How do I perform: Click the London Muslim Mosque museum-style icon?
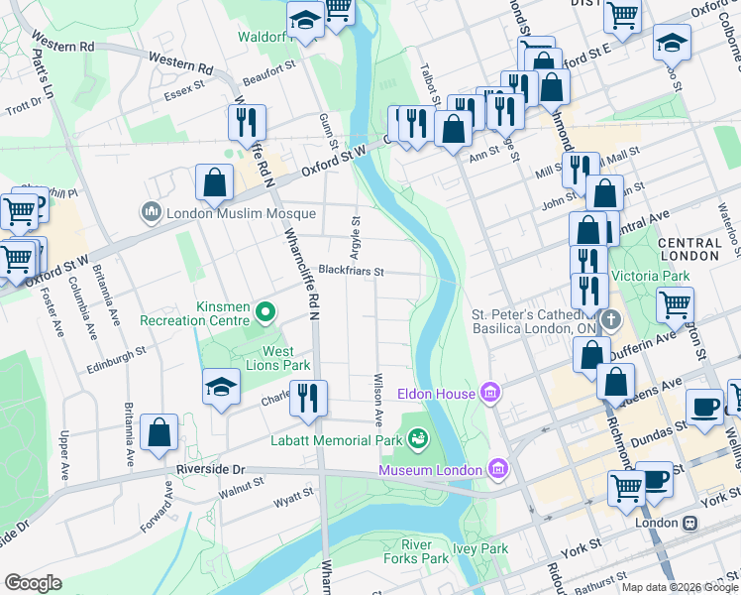(x=152, y=212)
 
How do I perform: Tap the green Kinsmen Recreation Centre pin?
(x=265, y=314)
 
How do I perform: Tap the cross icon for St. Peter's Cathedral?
(x=612, y=320)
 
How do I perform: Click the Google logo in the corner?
(x=33, y=583)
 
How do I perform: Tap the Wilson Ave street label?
(x=377, y=399)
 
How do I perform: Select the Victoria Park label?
(x=650, y=275)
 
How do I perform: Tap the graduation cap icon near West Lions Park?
(x=221, y=387)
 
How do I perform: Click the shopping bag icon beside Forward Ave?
(x=159, y=431)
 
